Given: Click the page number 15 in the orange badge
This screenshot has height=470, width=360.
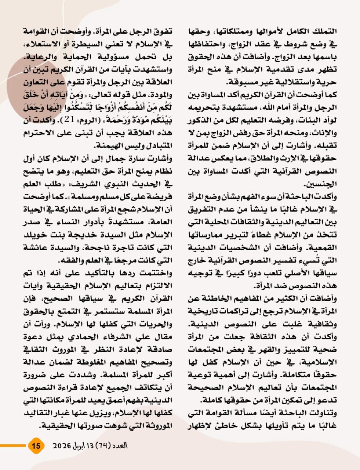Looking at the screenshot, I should click(x=36, y=446).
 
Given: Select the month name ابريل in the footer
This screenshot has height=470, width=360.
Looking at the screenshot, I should click(x=84, y=446).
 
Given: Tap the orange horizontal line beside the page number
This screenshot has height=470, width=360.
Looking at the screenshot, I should click(x=13, y=446).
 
